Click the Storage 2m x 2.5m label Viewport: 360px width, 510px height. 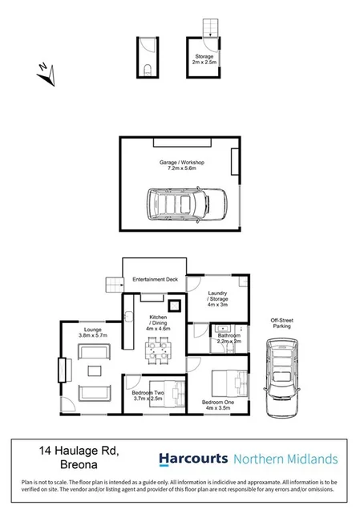click(x=204, y=59)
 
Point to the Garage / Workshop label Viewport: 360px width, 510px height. click(x=182, y=166)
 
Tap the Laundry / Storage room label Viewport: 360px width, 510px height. click(x=218, y=299)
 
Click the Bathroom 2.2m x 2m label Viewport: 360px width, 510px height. click(x=229, y=338)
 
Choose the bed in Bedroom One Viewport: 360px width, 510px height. click(x=226, y=380)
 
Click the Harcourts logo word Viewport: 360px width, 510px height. click(x=191, y=459)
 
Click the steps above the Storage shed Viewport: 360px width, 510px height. click(x=208, y=29)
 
